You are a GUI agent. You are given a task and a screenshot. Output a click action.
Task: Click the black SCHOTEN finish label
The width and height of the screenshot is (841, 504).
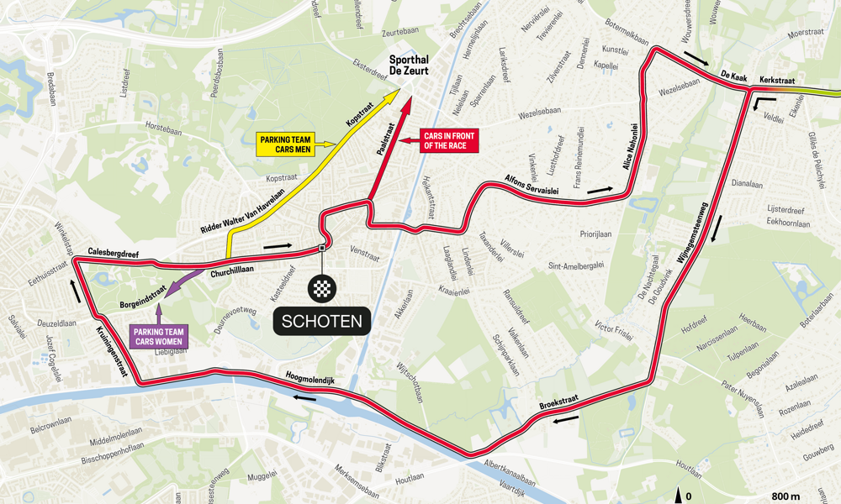coord(322,320)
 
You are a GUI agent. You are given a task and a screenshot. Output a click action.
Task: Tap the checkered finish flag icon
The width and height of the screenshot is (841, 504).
coord(322,289)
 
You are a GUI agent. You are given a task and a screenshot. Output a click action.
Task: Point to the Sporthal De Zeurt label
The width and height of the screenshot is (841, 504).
coord(409,66)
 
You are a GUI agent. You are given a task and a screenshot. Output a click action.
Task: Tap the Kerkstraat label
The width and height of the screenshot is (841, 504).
coord(777,81)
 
